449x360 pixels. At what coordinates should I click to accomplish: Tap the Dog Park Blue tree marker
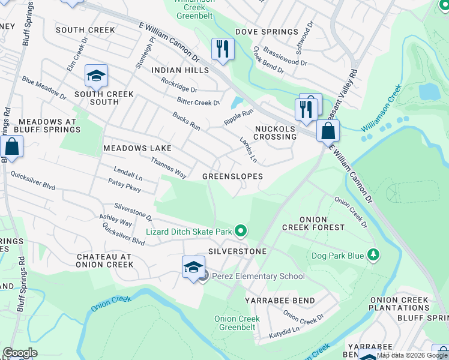pos(373,256)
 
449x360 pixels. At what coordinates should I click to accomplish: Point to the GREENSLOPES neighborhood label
pos(232,176)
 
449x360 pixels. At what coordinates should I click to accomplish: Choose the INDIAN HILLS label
pos(180,70)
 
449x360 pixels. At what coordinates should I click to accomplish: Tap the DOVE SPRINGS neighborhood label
pos(267,32)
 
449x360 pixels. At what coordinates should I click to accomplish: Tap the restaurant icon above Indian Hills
pos(223,49)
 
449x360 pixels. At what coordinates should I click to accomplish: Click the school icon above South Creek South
pos(96,76)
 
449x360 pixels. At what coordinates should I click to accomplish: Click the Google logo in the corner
pos(20,352)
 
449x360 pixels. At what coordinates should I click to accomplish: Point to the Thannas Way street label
pos(168,167)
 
